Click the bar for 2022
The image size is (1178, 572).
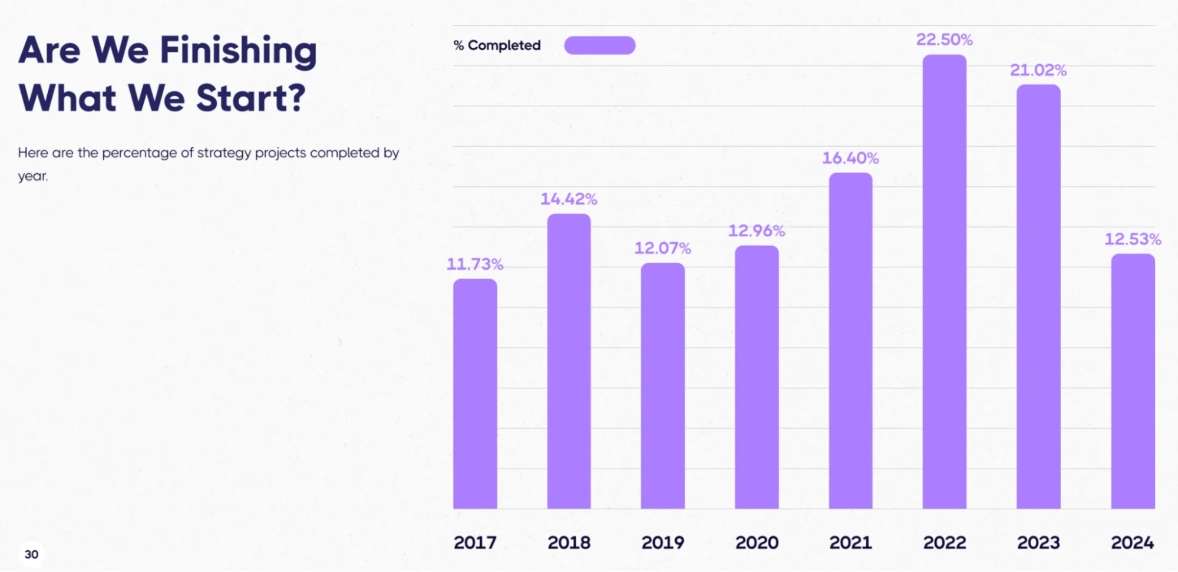coord(944,283)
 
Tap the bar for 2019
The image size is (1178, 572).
coord(662,386)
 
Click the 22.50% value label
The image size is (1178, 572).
coord(944,39)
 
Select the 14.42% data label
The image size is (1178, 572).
coord(569,199)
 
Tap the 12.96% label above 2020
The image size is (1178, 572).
coord(756,231)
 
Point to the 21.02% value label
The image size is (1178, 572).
coord(1038,70)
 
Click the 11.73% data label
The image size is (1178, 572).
coord(474,264)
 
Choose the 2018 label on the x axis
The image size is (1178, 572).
coord(569,543)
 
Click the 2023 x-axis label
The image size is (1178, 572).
coord(1038,543)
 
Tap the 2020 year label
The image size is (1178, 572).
coord(757,543)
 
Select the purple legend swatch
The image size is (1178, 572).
coord(599,45)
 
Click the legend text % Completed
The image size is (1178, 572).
coord(497,45)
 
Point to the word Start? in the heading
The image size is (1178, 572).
coord(250,98)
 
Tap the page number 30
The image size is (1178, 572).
coord(31,554)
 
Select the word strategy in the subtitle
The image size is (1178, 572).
coord(224,153)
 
